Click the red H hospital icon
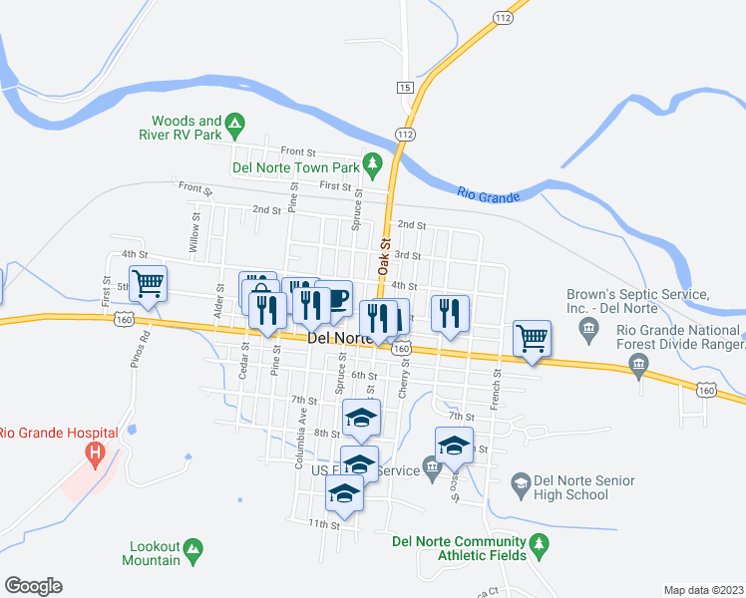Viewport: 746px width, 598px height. tap(95, 455)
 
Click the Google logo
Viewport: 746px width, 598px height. tap(33, 586)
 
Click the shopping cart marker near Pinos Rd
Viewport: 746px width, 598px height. tap(148, 285)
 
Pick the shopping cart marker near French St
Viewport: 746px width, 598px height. tap(532, 337)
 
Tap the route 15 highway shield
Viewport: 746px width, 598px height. tap(404, 88)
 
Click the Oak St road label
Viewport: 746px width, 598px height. tap(383, 256)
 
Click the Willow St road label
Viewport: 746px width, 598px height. tap(195, 230)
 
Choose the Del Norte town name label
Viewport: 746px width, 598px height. tap(339, 339)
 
